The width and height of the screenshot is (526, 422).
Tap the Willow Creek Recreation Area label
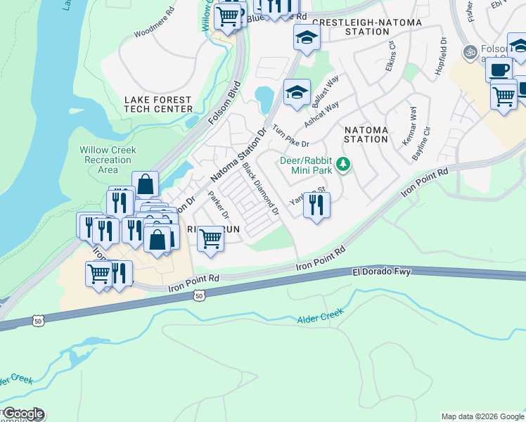108,160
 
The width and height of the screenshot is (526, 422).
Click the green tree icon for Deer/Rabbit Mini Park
343,165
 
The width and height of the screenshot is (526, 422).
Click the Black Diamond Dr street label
261,189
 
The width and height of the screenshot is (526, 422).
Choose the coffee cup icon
499,70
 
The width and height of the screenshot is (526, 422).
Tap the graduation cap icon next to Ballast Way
297,91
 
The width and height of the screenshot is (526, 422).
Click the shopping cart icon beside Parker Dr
210,238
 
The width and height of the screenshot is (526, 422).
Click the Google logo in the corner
23,414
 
